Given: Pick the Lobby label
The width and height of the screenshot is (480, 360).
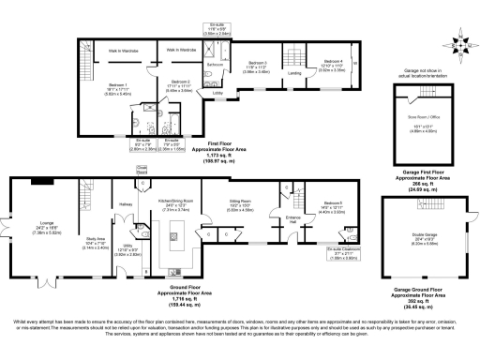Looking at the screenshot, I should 217,94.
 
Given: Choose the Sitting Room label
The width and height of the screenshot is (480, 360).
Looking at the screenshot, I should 241,201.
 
